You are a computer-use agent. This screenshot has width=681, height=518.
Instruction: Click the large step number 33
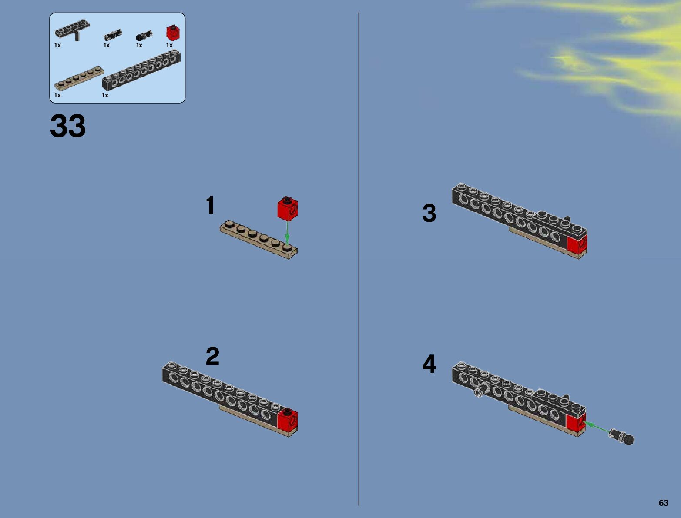point(67,126)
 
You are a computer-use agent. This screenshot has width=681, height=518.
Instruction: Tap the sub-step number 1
point(210,204)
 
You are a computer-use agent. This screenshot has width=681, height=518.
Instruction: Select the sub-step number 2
point(212,356)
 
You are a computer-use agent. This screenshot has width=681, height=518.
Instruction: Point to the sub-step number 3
point(429,213)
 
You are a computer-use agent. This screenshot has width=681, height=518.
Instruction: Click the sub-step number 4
point(429,363)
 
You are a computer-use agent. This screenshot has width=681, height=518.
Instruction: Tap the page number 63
point(663,503)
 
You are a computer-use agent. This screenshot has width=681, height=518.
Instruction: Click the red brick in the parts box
point(173,33)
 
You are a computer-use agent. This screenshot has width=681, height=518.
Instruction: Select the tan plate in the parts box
point(79,78)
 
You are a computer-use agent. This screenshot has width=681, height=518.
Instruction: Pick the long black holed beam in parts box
point(141,71)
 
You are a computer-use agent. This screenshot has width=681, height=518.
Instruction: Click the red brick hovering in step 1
point(287,208)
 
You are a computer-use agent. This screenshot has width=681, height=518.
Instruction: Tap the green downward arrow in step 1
point(287,233)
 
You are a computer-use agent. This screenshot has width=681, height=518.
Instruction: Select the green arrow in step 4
point(596,427)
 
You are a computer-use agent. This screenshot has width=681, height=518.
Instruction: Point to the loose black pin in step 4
point(622,437)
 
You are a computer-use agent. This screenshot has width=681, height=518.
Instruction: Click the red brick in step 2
point(288,420)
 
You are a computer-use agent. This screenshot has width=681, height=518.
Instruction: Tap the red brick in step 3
point(577,244)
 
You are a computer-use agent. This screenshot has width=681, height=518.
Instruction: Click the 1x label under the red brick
point(169,45)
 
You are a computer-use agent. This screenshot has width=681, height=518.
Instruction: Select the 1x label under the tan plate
point(58,95)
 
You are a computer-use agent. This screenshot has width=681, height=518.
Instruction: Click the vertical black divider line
point(359,259)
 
